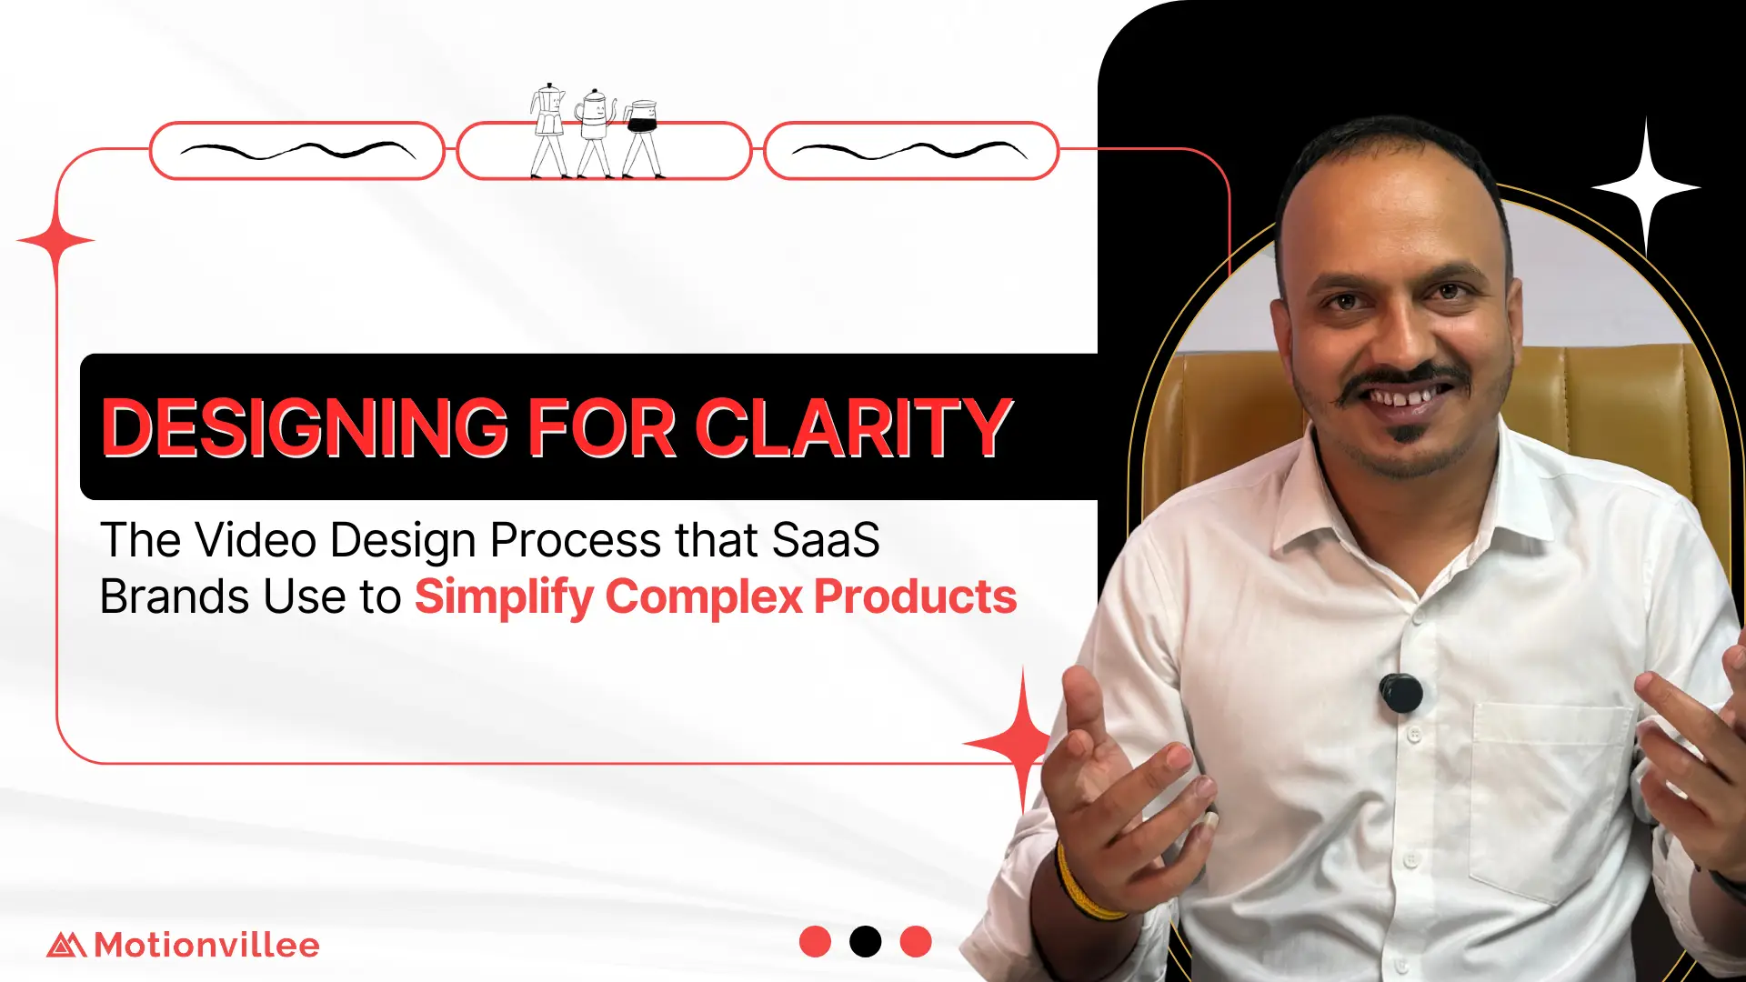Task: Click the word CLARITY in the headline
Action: (x=854, y=427)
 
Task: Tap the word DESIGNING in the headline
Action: (x=304, y=427)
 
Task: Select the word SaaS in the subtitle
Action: (x=826, y=540)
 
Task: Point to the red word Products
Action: (x=915, y=597)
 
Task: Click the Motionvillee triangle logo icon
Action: (x=66, y=945)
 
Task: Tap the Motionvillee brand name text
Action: (x=206, y=945)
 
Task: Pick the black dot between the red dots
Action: (x=865, y=941)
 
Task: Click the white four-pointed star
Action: (x=1645, y=187)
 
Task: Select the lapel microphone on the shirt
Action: (x=1400, y=693)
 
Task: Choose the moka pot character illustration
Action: (x=547, y=130)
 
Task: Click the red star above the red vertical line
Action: (x=56, y=241)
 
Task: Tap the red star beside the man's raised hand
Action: (x=1023, y=743)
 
